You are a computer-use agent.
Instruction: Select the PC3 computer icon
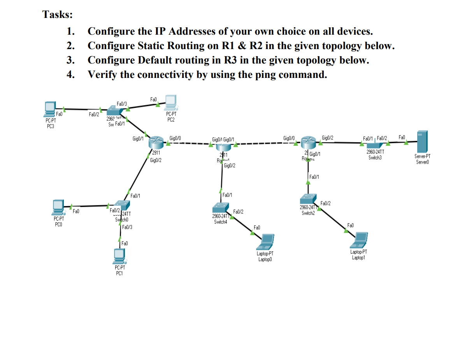point(49,109)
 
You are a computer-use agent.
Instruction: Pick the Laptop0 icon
point(266,242)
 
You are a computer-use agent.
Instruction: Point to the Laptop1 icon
point(359,240)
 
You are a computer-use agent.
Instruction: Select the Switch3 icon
point(374,144)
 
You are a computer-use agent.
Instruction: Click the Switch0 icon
point(122,205)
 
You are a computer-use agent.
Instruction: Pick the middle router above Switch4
point(223,145)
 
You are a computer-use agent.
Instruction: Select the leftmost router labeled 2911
point(157,142)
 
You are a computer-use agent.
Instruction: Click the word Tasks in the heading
point(57,15)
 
